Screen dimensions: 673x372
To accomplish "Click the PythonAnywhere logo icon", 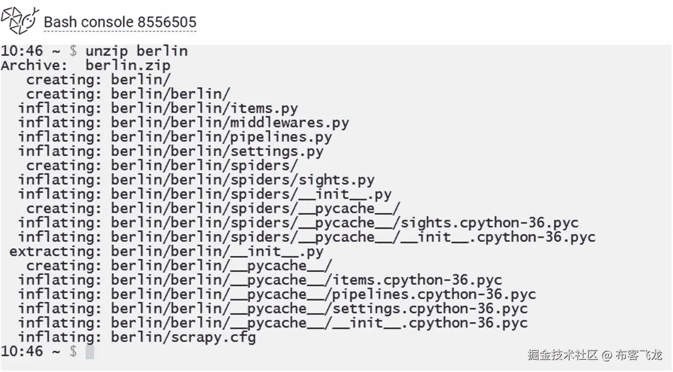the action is (x=20, y=20).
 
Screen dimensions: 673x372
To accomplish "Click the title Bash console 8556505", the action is (x=120, y=22).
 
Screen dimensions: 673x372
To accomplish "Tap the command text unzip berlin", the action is (x=136, y=51).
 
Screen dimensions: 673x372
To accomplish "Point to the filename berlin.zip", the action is (x=128, y=66).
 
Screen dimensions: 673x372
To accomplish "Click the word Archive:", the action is (x=34, y=65).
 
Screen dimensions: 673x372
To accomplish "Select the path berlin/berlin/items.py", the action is (x=204, y=109).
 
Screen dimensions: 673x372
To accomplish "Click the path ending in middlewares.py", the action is (x=230, y=123).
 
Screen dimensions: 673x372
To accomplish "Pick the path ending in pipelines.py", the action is (x=221, y=137).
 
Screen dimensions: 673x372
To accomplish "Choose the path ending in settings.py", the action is (x=217, y=152).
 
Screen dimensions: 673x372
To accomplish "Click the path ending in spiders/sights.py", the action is (x=243, y=180).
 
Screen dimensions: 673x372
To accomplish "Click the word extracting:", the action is (x=56, y=252).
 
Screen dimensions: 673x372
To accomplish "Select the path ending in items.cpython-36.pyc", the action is (x=307, y=280).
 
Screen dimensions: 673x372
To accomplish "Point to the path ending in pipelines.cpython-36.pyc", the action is (x=324, y=295).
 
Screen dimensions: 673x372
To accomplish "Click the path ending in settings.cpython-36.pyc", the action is (x=319, y=309).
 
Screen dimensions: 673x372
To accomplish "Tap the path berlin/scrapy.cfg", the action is (x=183, y=338).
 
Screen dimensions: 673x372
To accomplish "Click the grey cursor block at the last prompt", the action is (x=90, y=352).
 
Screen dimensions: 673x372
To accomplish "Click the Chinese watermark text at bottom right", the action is (x=595, y=355).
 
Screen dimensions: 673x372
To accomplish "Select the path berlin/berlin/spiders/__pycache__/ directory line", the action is (x=256, y=209).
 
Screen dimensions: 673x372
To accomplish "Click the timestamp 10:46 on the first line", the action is (x=22, y=51).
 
